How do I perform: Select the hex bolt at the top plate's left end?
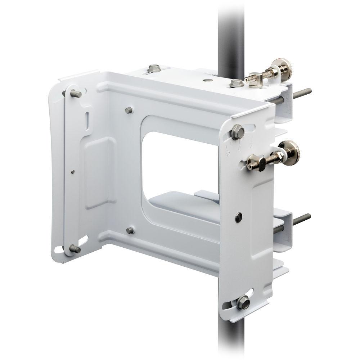coord(154,68)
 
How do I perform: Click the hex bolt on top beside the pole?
coord(236,83)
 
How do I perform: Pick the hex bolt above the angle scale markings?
coord(237,132)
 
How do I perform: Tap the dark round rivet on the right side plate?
coord(238,216)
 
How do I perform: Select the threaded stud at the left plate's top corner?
coord(75,94)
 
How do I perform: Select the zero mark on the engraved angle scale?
coord(239,148)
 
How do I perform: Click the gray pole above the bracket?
coord(231,32)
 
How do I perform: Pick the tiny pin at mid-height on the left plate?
coord(73,172)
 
